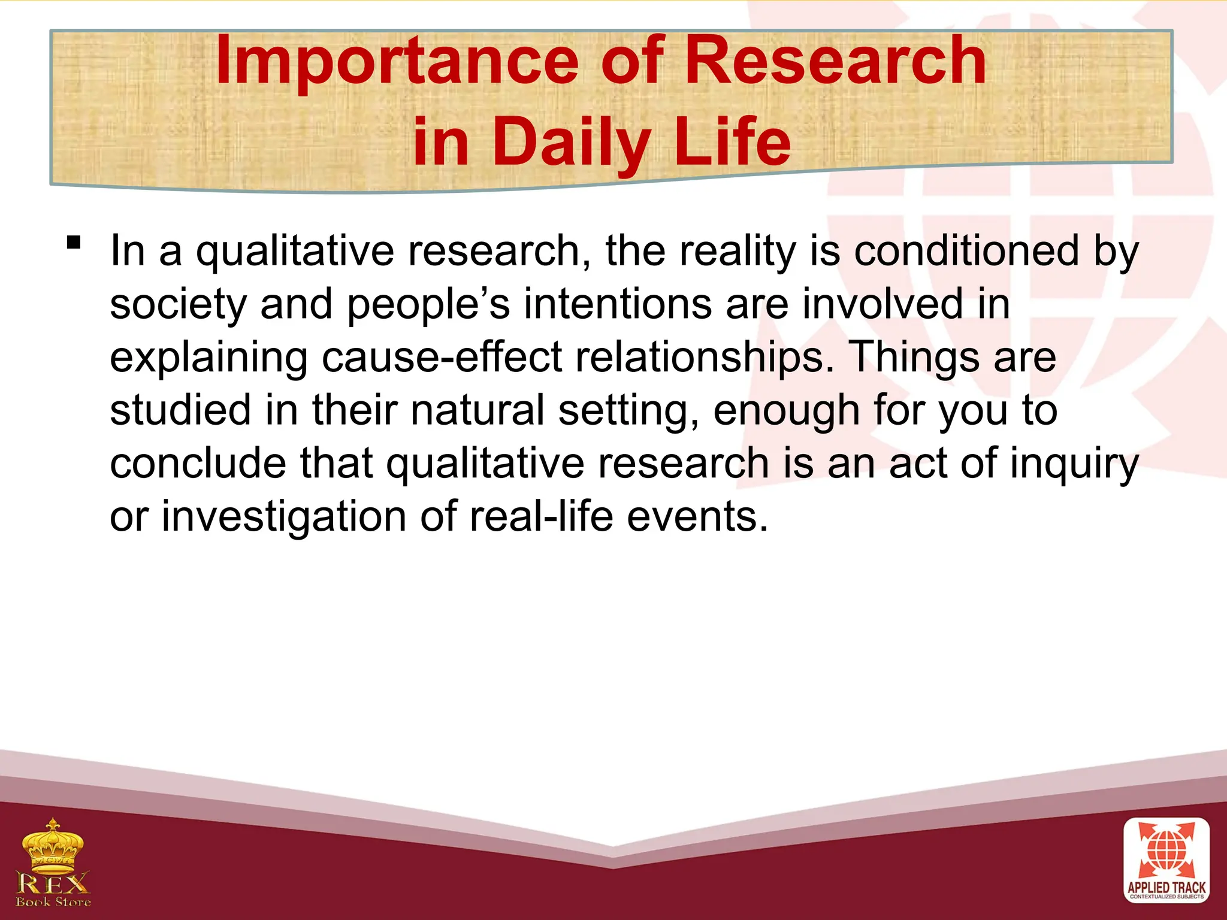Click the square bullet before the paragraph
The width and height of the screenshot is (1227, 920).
pos(74,243)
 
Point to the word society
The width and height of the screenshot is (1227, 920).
pos(178,305)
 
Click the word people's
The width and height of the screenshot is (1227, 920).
pos(428,305)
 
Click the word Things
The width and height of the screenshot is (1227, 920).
pos(914,358)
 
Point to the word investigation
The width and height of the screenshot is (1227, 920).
pos(283,517)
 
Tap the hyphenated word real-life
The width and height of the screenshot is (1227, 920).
pos(541,517)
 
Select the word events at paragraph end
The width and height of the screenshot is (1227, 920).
pos(697,517)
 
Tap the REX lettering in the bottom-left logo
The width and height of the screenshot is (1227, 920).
pos(53,883)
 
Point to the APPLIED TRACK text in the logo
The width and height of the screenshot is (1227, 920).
pos(1166,887)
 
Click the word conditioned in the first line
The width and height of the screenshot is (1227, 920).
pos(966,252)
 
